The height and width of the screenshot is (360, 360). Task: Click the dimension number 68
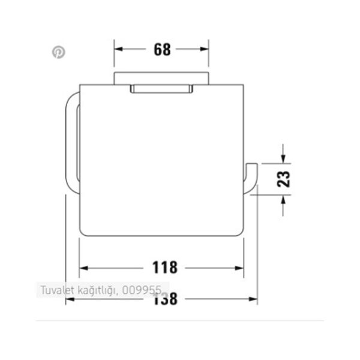click(162, 50)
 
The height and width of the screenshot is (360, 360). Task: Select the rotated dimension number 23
click(284, 178)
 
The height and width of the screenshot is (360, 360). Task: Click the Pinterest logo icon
click(58, 52)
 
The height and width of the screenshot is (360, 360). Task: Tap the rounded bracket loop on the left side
click(71, 144)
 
